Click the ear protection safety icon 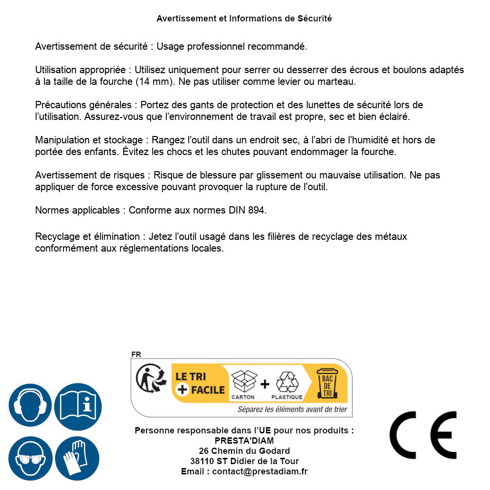pos(30,405)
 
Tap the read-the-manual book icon pos(78,405)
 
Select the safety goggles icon pos(30,458)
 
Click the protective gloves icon pos(78,458)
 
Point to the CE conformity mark pos(423,435)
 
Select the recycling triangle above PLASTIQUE pos(287,382)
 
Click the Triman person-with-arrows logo pos(150,379)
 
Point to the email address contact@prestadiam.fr pos(260,471)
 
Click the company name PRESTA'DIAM pos(244,441)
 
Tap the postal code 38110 pos(202,461)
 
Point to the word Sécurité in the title pos(314,19)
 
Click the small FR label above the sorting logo pos(136,354)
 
